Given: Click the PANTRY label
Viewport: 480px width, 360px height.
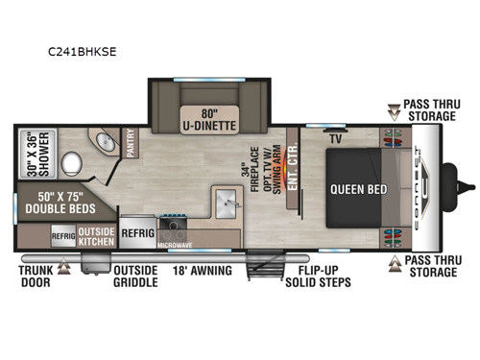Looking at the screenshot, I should click(131, 144).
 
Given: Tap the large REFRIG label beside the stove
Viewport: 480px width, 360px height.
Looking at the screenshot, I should click(138, 231).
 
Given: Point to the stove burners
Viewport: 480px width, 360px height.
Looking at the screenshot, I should click(175, 228).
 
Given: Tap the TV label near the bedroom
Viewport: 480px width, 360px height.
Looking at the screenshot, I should click(336, 138).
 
